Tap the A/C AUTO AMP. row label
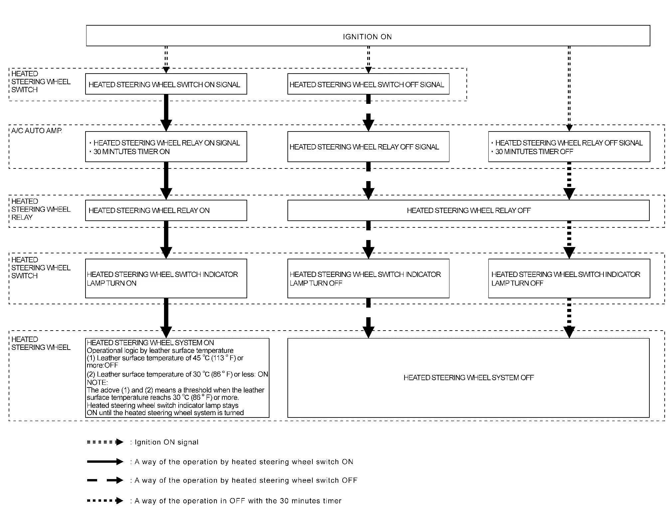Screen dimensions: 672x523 [x=37, y=131]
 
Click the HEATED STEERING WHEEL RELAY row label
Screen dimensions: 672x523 [x=41, y=209]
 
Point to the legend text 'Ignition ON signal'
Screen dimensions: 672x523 [x=166, y=442]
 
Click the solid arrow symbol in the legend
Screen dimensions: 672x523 [x=105, y=462]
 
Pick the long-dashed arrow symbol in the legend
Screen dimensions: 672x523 [x=105, y=480]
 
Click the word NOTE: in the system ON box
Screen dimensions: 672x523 [x=97, y=382]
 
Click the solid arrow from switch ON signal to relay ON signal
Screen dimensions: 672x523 [x=166, y=113]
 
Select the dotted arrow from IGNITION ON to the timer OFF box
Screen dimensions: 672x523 [x=569, y=89]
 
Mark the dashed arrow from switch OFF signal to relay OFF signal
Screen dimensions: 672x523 [x=368, y=113]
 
